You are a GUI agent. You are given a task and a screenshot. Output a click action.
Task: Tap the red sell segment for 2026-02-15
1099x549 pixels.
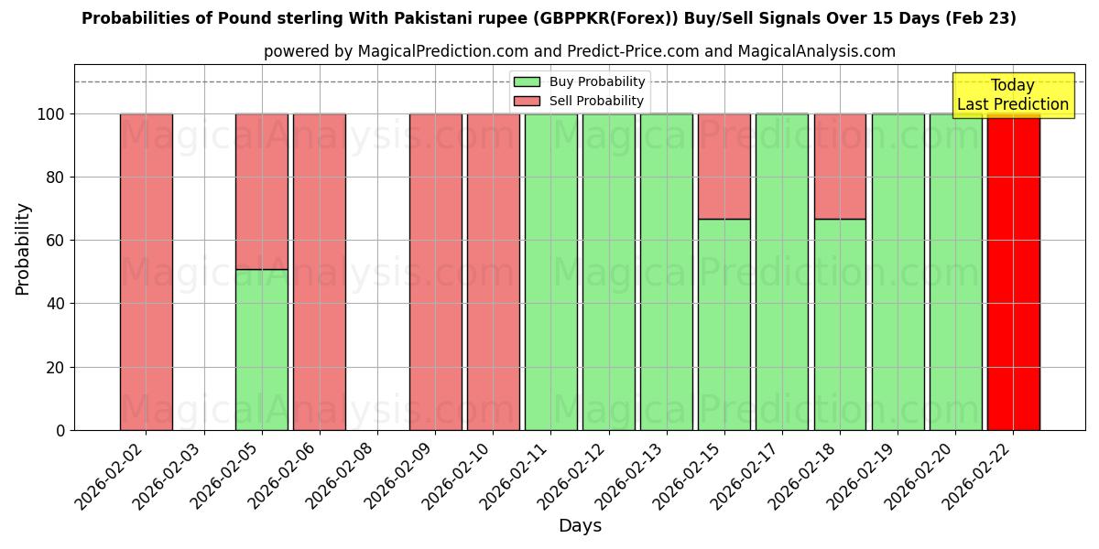point(724,166)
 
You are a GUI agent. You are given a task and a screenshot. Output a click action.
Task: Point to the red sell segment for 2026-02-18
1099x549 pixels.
point(840,166)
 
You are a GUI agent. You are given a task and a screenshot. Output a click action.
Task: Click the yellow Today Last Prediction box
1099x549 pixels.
point(1013,95)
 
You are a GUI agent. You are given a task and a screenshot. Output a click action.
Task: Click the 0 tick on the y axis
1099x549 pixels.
point(60,430)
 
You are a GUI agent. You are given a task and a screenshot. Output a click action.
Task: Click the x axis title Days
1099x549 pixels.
point(580,526)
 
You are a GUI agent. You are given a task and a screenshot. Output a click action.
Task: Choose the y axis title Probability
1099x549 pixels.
point(23,248)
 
